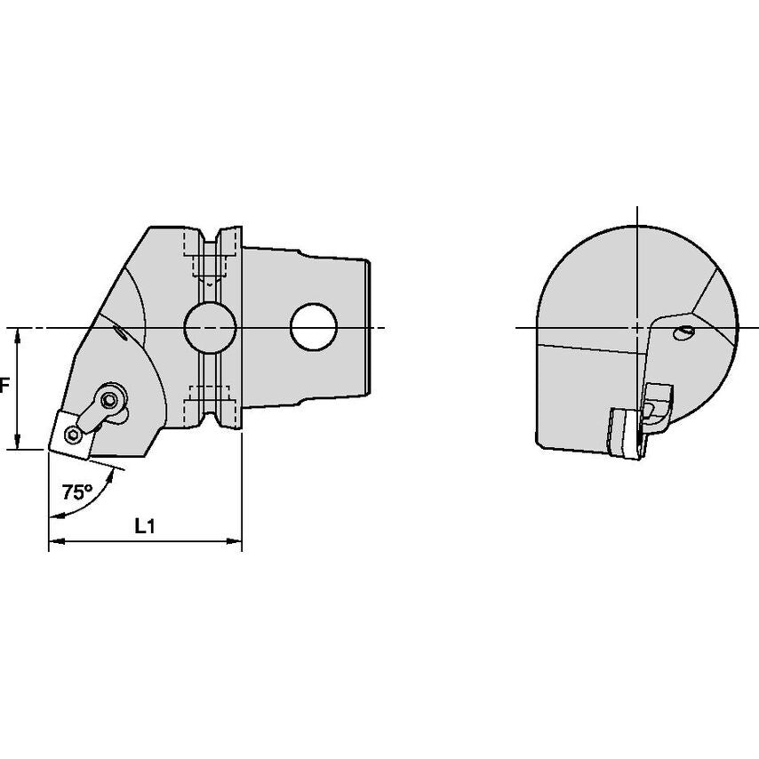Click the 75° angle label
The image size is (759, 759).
click(77, 492)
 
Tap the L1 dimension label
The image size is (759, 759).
click(145, 526)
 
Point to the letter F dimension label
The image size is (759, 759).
click(4, 387)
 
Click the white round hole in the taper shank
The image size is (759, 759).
click(313, 327)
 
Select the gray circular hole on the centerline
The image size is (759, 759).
click(210, 328)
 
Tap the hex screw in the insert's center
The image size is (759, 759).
click(74, 435)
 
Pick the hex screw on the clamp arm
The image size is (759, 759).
click(108, 399)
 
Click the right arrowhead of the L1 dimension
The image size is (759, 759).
click(235, 541)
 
